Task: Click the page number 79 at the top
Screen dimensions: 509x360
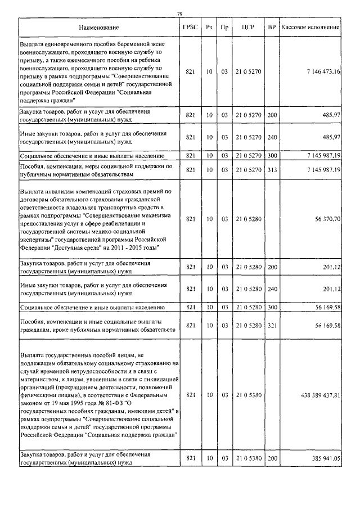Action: pos(179,13)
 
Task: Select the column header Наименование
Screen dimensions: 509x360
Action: pos(99,27)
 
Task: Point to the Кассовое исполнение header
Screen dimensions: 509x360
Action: pos(310,27)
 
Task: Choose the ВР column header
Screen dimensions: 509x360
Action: pos(272,27)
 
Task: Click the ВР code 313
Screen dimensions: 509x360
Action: pos(272,170)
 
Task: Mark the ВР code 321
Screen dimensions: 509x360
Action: pos(272,325)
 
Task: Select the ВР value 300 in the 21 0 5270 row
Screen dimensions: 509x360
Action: pos(272,155)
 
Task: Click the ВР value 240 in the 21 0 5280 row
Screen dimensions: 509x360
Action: pos(272,289)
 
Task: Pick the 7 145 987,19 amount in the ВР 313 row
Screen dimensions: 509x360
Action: pos(321,170)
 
